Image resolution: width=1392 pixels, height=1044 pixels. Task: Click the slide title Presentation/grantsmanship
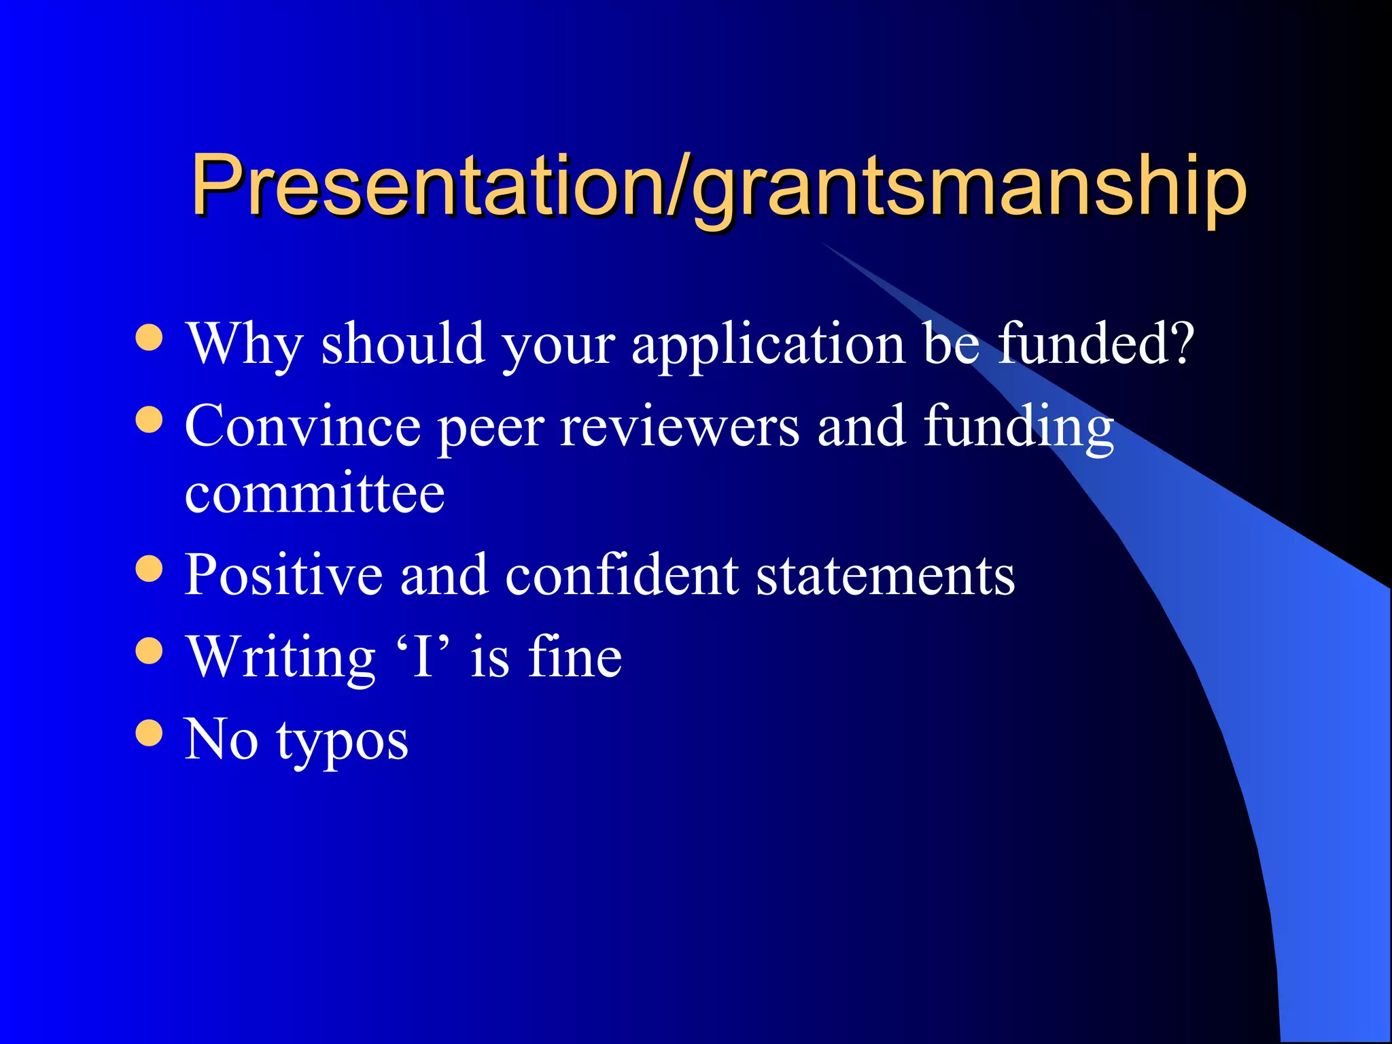pos(718,185)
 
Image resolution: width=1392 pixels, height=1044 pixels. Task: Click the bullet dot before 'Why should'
pos(150,338)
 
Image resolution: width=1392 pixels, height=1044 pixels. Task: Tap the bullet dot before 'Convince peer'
pos(150,419)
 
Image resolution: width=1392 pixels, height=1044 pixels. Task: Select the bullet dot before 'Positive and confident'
pos(150,569)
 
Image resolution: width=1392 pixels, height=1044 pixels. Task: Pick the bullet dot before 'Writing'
pos(150,650)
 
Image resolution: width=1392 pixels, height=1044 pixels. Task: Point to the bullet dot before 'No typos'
pos(150,733)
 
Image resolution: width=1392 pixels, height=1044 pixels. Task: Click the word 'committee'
pos(315,493)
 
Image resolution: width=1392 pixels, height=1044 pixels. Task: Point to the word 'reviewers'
pos(680,427)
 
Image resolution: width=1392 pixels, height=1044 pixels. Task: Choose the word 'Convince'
pos(303,426)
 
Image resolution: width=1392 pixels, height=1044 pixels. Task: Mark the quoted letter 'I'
pos(423,657)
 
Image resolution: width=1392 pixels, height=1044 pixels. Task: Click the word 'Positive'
pos(283,575)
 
